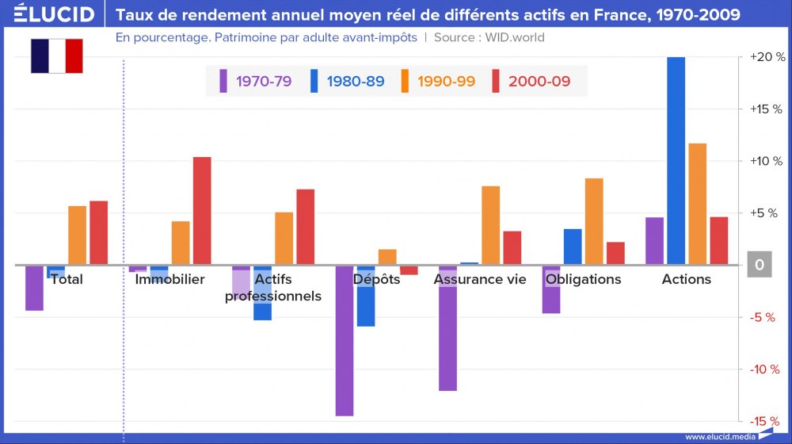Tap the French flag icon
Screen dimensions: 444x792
tap(57, 55)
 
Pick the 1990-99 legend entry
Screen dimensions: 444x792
tap(438, 81)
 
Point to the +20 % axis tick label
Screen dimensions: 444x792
tap(767, 58)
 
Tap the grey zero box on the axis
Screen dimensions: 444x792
tap(759, 265)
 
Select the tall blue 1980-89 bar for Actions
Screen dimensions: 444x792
tap(676, 159)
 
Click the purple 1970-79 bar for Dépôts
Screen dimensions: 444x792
tap(345, 341)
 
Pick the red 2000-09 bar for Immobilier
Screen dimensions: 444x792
tap(202, 210)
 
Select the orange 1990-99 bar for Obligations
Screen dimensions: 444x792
tap(594, 221)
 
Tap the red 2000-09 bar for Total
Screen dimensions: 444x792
tap(98, 232)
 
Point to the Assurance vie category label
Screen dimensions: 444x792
tap(480, 279)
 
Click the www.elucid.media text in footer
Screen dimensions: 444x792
tap(719, 436)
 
